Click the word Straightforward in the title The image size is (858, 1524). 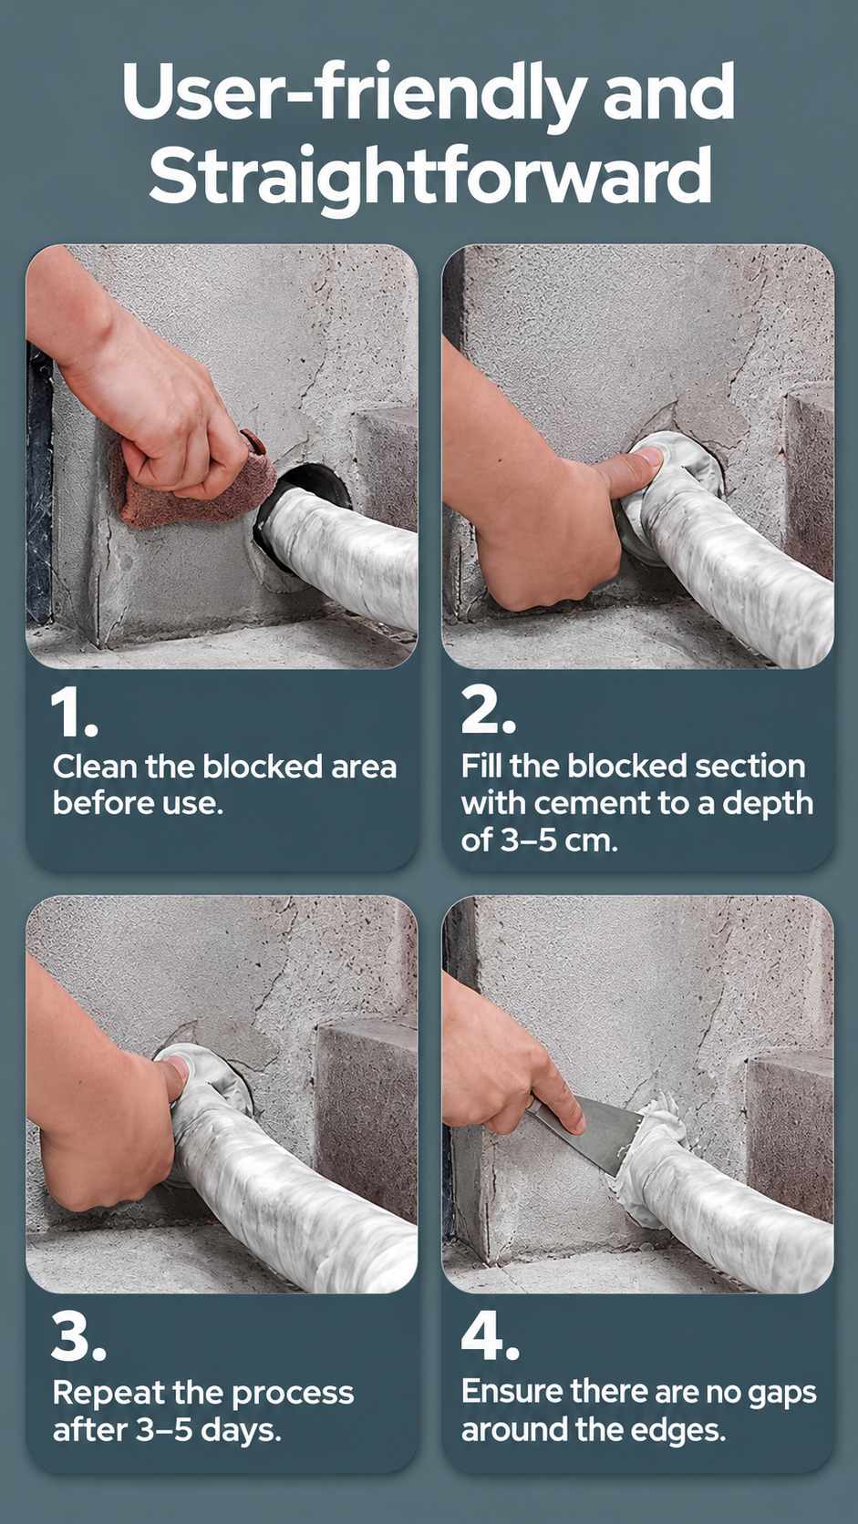point(430,175)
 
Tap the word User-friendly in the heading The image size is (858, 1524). point(353,95)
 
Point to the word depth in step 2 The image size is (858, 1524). point(768,803)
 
